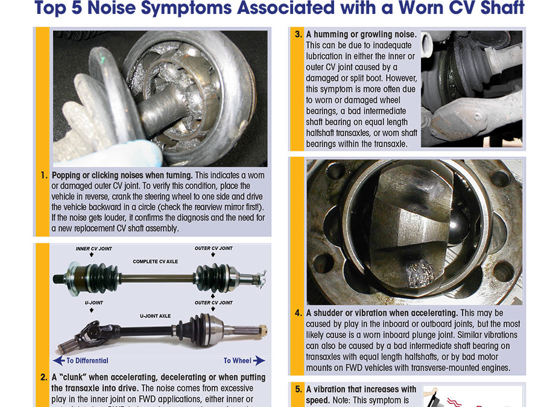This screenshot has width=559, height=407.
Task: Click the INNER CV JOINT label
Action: [93, 249]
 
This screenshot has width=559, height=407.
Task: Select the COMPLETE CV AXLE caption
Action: [154, 262]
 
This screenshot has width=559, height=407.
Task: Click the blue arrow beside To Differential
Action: [58, 361]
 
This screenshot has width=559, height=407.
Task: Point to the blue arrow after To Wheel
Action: [258, 361]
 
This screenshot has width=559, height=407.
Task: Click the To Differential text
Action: [87, 361]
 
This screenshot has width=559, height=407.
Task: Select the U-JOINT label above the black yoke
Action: [92, 303]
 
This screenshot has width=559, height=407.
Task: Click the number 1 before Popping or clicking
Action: [44, 176]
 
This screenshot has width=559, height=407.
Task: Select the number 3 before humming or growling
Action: [298, 35]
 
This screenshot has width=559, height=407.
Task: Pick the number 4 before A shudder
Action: [298, 313]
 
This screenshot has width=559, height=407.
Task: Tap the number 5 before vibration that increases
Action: [298, 390]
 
